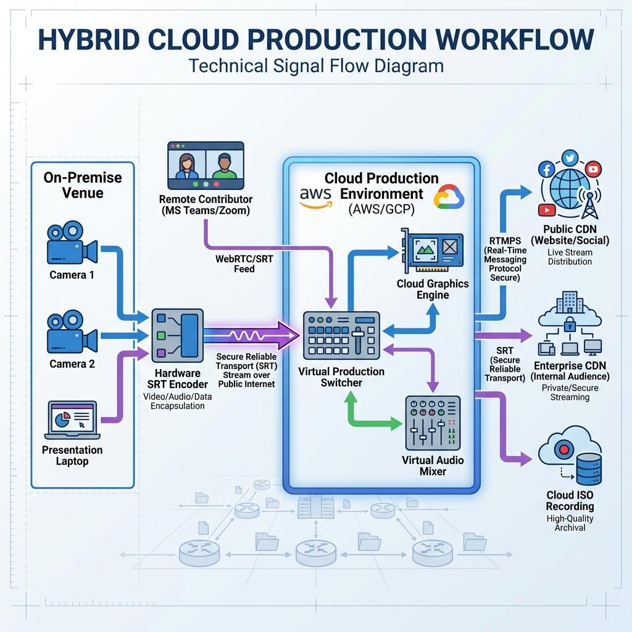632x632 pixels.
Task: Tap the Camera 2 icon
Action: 72,331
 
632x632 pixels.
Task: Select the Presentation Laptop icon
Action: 72,420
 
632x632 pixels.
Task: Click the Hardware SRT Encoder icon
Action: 177,336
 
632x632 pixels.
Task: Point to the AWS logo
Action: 315,197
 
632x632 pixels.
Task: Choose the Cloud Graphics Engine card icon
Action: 432,251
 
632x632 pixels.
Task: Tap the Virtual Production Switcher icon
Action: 341,335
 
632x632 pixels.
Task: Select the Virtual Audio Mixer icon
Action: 433,423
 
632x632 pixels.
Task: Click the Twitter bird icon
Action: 570,158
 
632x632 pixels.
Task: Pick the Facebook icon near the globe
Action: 547,169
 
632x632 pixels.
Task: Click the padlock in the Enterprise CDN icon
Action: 569,323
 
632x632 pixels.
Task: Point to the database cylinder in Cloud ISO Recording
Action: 589,469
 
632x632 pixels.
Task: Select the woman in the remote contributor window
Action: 186,166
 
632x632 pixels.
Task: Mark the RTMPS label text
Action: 505,241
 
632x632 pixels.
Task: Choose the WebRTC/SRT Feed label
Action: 244,264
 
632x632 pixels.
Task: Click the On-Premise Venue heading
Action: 83,185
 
